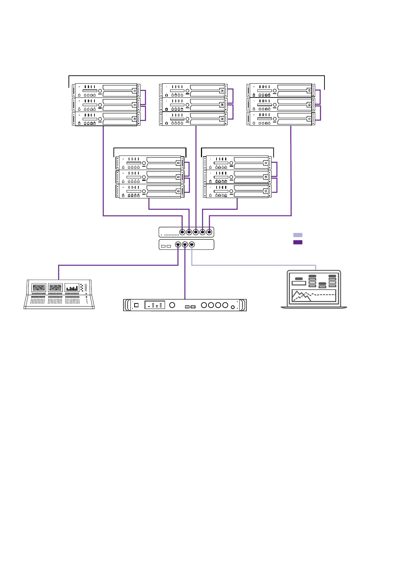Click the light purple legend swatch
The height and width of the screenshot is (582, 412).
pos(297,235)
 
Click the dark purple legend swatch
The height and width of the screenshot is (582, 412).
pos(297,242)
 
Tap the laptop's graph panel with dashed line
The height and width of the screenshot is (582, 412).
pos(314,296)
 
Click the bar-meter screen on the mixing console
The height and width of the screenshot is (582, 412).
pos(72,288)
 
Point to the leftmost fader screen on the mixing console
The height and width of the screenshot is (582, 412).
pos(38,288)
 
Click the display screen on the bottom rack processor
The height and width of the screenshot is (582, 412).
pos(154,305)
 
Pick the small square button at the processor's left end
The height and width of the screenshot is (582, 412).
pos(136,305)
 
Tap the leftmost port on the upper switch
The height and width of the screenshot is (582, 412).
pos(182,232)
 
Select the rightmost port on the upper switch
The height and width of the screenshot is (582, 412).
pos(209,232)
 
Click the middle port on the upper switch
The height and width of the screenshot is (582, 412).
pos(196,232)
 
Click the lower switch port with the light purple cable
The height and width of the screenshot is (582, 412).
pos(192,244)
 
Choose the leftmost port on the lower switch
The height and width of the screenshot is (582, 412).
pos(178,244)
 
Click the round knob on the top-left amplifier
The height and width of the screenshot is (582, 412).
pos(100,91)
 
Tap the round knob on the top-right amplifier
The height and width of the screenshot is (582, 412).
pos(275,91)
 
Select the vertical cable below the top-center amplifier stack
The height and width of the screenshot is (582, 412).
pos(196,173)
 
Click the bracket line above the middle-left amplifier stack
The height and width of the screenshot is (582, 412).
pos(150,148)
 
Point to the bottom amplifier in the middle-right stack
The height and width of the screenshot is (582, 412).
pos(237,191)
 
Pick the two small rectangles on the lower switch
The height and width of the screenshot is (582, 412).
pos(166,246)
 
